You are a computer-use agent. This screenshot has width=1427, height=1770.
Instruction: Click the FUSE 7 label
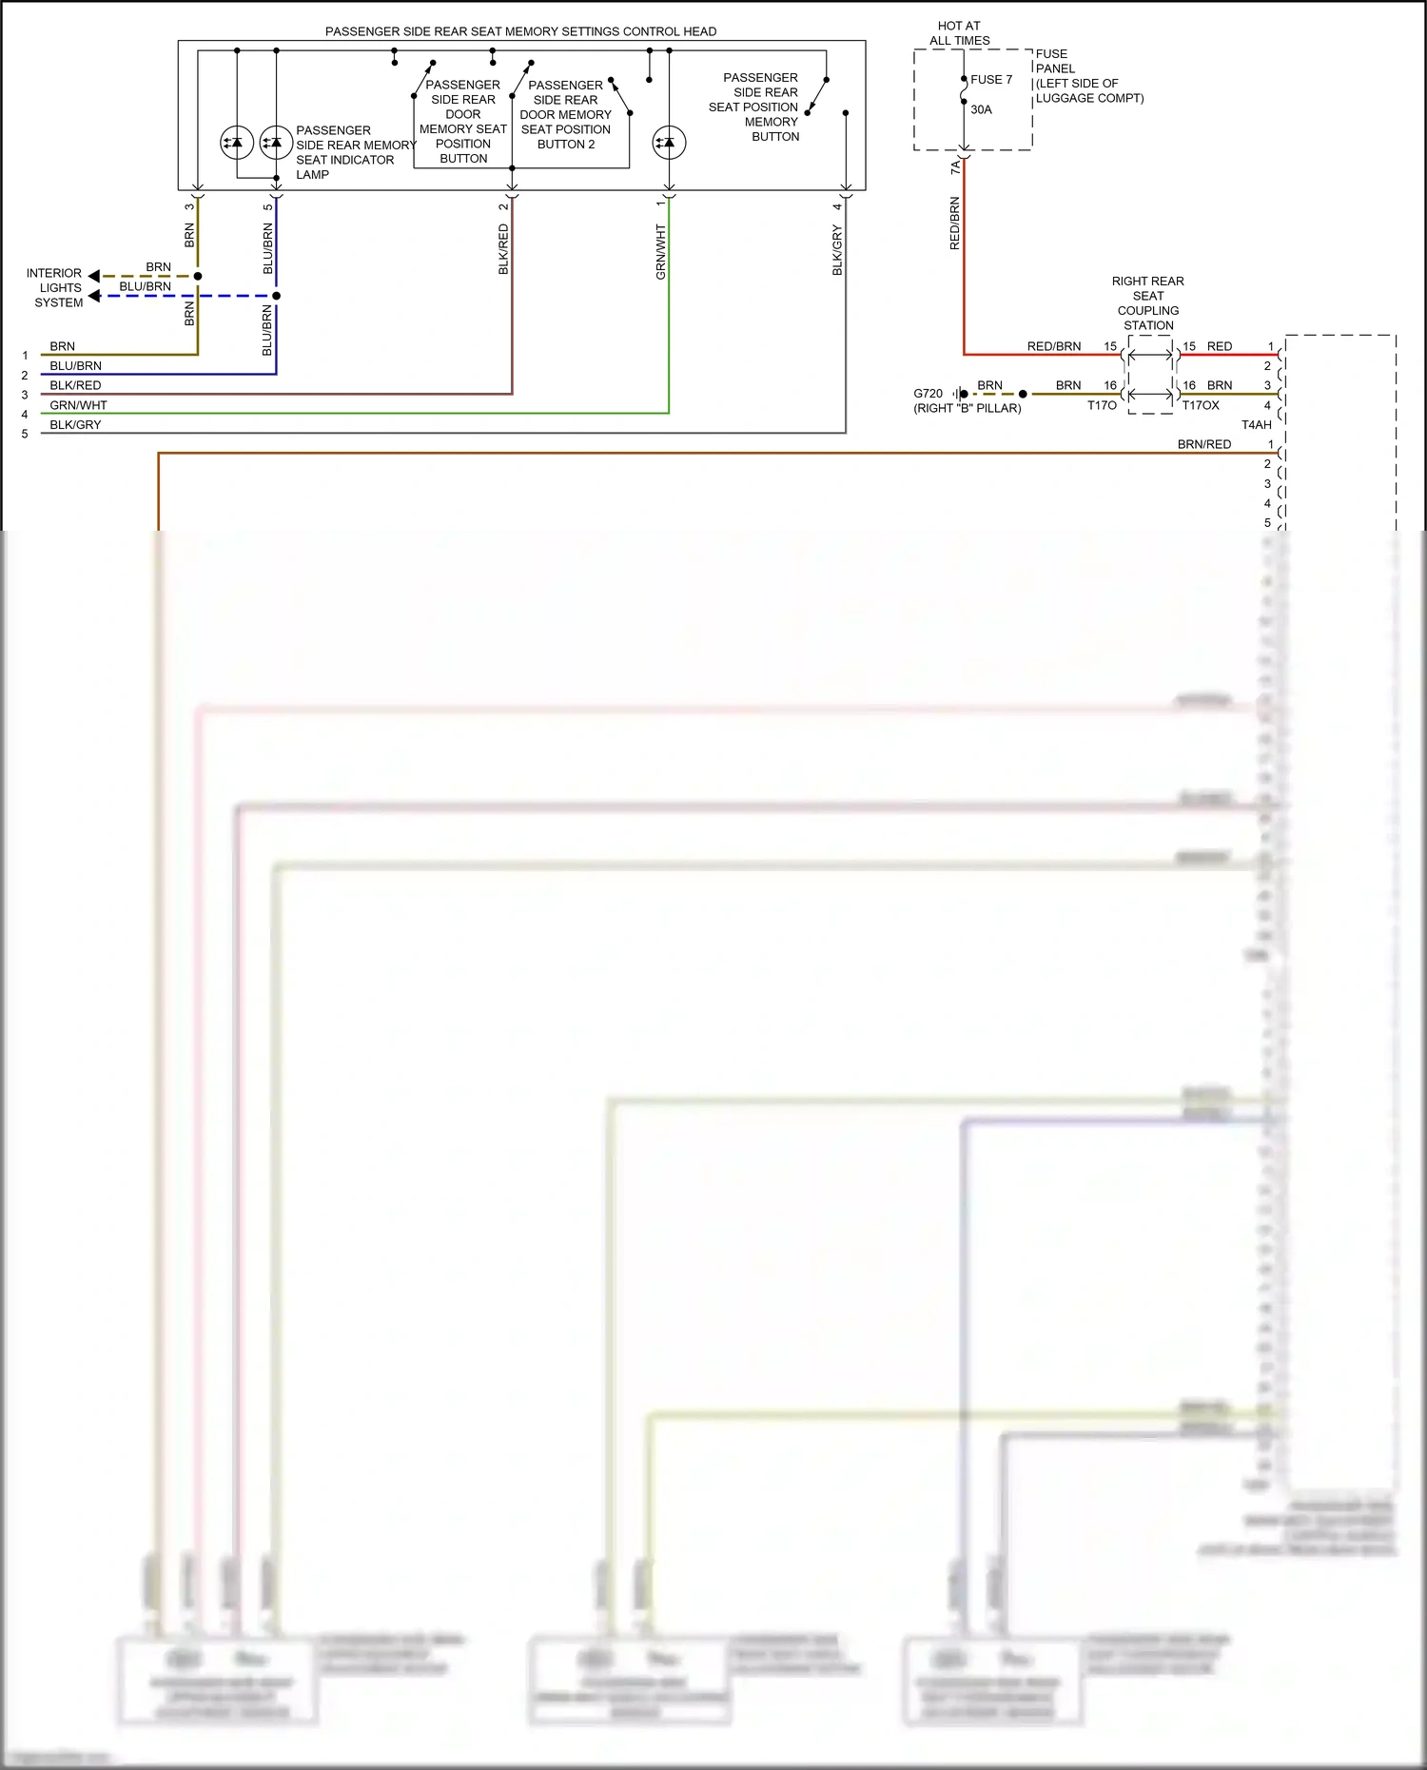[x=991, y=80]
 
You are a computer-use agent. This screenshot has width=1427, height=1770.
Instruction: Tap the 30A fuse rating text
[x=981, y=109]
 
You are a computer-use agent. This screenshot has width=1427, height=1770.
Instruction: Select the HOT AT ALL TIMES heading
[x=959, y=33]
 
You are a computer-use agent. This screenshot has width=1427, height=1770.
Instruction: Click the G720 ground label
[x=928, y=393]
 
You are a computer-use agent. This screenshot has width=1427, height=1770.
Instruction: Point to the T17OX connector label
[x=1201, y=405]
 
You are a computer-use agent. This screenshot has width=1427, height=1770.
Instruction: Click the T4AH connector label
[x=1256, y=425]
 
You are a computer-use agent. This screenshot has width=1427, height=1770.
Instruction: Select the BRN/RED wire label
[x=1203, y=444]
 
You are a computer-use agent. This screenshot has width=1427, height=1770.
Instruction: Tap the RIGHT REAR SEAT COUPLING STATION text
[x=1148, y=303]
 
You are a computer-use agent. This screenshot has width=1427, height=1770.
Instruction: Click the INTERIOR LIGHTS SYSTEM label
[x=54, y=287]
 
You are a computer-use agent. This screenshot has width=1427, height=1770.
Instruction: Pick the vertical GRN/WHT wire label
[x=660, y=252]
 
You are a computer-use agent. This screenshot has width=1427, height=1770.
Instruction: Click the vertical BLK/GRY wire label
[x=837, y=250]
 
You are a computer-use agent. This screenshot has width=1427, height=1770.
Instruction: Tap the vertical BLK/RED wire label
[x=503, y=249]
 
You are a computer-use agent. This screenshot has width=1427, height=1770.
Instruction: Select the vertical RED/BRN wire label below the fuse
[x=954, y=224]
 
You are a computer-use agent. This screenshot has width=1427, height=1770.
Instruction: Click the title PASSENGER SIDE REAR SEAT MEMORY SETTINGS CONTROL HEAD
[x=520, y=31]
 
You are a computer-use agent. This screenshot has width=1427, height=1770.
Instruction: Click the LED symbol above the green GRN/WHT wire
[x=669, y=143]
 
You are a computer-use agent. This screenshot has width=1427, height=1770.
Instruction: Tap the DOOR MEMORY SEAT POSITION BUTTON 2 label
[x=565, y=114]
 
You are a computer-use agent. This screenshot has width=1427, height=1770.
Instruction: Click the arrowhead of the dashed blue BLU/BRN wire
[x=94, y=296]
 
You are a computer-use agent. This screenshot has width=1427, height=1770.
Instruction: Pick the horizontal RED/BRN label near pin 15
[x=1053, y=346]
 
